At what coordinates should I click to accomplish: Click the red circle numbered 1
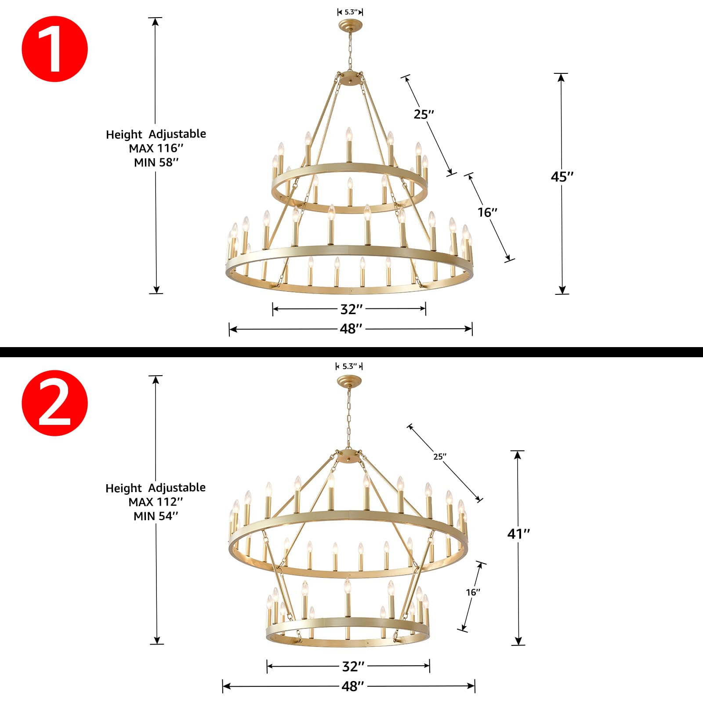click(x=55, y=49)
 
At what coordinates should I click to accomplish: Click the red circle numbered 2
click(x=55, y=403)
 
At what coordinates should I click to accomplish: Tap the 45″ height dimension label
click(x=562, y=177)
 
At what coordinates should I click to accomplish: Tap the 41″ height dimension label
click(x=518, y=534)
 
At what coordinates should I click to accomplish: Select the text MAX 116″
click(x=156, y=148)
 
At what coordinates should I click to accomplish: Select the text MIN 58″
click(x=156, y=163)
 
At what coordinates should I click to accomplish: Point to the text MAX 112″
click(x=156, y=502)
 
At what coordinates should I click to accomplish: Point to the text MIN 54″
click(x=156, y=516)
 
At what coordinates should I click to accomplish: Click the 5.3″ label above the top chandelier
click(x=350, y=12)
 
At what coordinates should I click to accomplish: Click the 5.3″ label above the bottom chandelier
click(x=349, y=366)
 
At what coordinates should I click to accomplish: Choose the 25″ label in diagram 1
click(x=424, y=114)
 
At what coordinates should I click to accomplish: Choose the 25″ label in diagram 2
click(x=439, y=457)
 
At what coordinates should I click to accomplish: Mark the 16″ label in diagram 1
click(x=487, y=212)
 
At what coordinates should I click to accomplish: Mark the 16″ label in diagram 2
click(x=473, y=592)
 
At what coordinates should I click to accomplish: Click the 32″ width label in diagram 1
click(x=351, y=309)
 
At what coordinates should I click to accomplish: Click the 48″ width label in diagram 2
click(x=352, y=686)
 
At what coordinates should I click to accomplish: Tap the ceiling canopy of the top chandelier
click(x=351, y=25)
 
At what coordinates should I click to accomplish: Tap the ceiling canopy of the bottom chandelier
click(x=349, y=381)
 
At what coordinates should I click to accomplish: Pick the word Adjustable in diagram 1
click(x=177, y=134)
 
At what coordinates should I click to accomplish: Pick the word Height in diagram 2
click(x=123, y=489)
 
